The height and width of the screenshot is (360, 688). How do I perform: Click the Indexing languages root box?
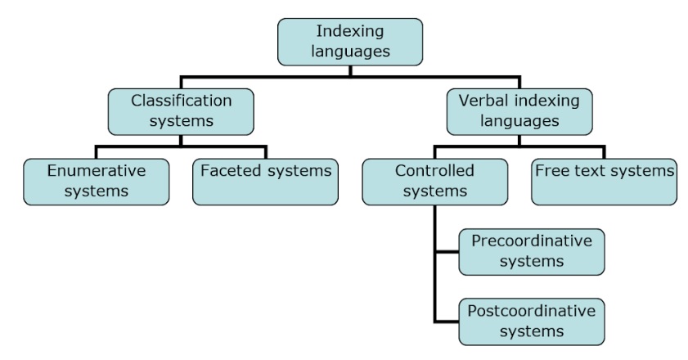click(350, 43)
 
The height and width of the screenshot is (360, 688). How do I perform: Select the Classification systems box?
click(181, 111)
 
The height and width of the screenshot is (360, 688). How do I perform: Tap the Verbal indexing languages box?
click(519, 111)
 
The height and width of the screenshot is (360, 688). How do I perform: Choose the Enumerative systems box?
click(96, 182)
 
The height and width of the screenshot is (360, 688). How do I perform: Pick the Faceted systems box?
click(265, 182)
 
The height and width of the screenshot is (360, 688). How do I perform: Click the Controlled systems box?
click(435, 182)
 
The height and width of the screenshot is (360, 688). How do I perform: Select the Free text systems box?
click(605, 182)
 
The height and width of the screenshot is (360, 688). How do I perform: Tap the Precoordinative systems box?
click(532, 252)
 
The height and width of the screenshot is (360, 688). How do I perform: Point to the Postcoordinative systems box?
click(532, 322)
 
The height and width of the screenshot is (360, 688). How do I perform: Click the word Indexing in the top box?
click(350, 32)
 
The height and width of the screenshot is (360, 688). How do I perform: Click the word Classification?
click(182, 101)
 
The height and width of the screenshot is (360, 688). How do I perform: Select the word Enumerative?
click(97, 170)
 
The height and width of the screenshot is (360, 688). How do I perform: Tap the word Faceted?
click(232, 170)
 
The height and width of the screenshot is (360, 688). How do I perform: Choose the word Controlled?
click(434, 170)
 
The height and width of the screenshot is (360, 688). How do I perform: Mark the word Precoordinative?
click(532, 241)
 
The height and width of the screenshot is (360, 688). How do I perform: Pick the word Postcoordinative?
click(532, 311)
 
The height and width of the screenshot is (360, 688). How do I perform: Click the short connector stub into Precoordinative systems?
click(447, 252)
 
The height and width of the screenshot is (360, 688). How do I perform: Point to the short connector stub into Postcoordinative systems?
click(447, 322)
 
